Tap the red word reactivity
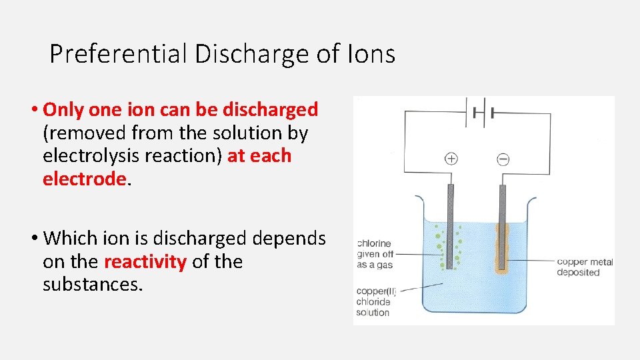[x=145, y=261]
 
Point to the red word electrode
[x=84, y=178]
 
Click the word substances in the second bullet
[x=92, y=284]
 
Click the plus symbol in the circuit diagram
[x=451, y=159]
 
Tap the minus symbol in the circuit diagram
[x=503, y=159]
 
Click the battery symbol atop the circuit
[x=478, y=111]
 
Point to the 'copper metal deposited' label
[x=584, y=267]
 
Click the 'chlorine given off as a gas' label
[x=375, y=254]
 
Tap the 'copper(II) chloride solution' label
[x=373, y=301]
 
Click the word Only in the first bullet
[x=64, y=109]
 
